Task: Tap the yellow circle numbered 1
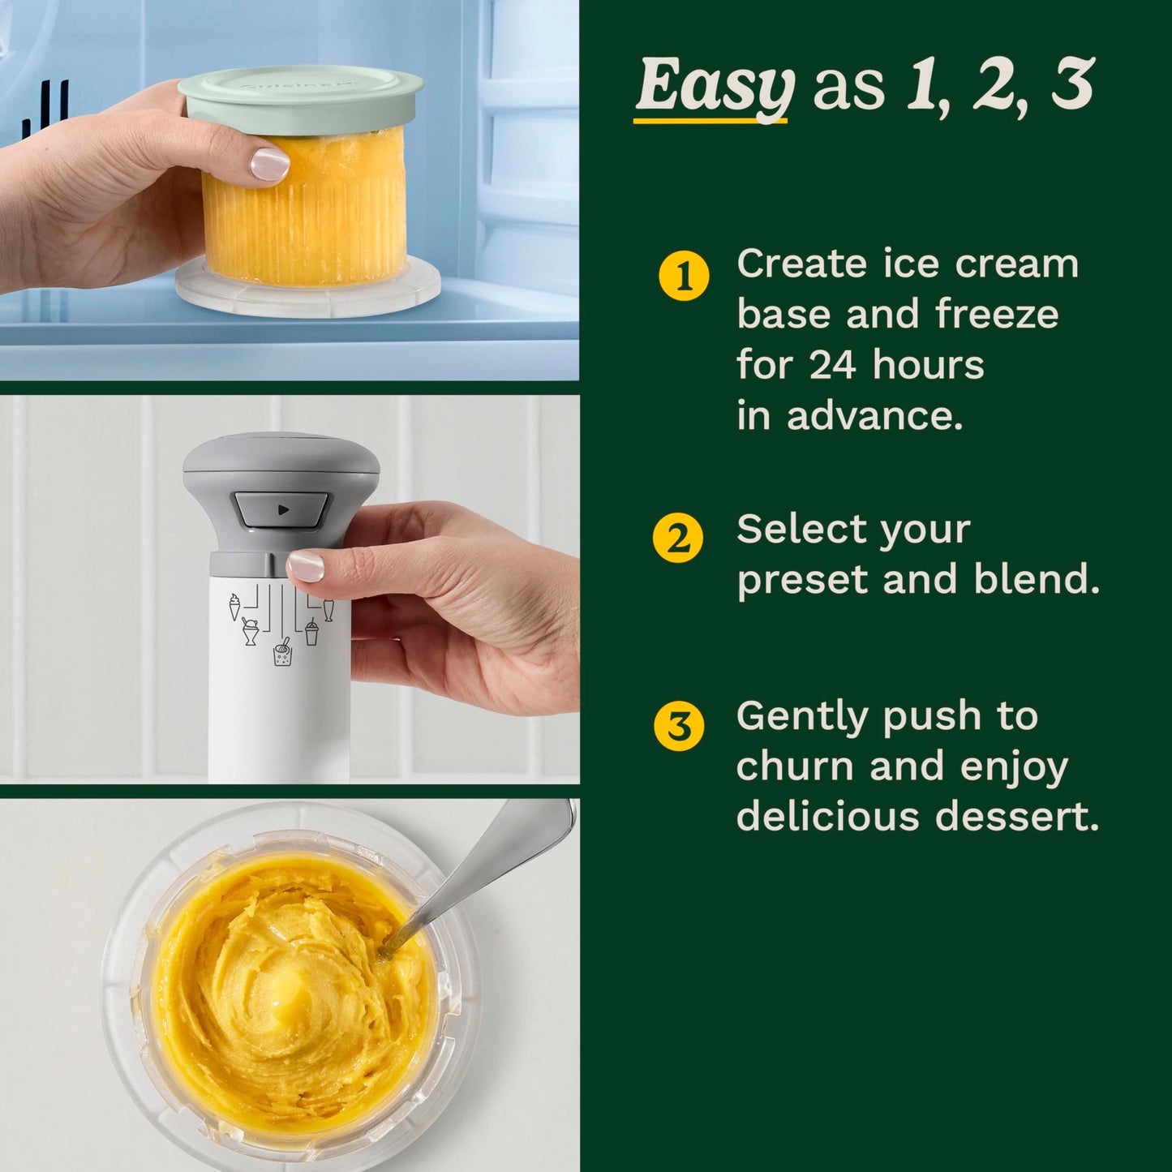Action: [x=684, y=277]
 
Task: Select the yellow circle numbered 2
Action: [x=678, y=538]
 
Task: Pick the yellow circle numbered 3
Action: [x=679, y=726]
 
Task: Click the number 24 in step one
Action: [x=833, y=365]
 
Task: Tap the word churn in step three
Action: [x=795, y=767]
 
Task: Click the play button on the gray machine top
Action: [x=281, y=510]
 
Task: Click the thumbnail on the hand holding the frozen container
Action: [x=269, y=164]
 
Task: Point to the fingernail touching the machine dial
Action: [x=306, y=565]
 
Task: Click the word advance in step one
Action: [x=874, y=416]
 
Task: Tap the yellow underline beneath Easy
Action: [x=710, y=121]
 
